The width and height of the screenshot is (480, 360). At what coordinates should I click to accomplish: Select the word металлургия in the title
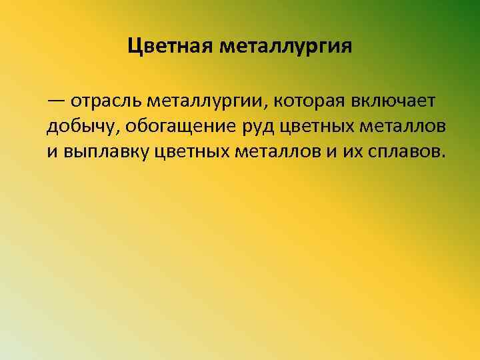point(285,47)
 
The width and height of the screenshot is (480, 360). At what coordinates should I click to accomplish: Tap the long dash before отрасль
point(57,101)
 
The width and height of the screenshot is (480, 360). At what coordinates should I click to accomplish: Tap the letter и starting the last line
point(52,151)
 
